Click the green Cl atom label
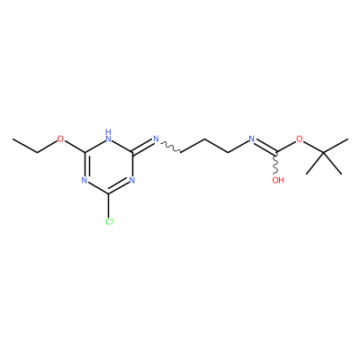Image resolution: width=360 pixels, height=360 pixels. click(x=109, y=221)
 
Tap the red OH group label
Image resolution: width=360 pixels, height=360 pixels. click(x=278, y=180)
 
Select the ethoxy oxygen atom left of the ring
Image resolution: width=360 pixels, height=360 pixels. click(x=60, y=139)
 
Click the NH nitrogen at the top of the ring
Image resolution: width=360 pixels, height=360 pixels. click(x=109, y=139)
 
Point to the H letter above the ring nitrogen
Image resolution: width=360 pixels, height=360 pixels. click(x=109, y=131)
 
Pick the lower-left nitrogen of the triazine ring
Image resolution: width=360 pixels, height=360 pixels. click(x=85, y=181)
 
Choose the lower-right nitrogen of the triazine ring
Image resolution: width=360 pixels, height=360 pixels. click(x=132, y=181)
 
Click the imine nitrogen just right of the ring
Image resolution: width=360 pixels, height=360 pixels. click(x=156, y=139)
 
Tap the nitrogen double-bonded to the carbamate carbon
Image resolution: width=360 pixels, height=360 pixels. click(x=252, y=139)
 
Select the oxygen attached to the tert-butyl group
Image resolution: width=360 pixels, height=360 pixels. click(x=299, y=139)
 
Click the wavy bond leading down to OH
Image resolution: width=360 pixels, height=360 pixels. click(x=275, y=163)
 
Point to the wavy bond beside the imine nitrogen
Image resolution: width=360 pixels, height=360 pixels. click(x=170, y=148)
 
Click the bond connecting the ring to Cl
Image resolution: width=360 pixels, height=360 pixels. click(x=109, y=206)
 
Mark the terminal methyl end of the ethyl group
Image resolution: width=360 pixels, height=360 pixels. click(x=13, y=139)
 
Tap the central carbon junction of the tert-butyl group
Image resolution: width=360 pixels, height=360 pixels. click(x=324, y=153)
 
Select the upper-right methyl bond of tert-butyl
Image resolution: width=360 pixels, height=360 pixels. click(x=336, y=146)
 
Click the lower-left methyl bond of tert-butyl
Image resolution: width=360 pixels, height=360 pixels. click(x=315, y=164)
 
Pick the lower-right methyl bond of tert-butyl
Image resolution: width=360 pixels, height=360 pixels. click(x=333, y=164)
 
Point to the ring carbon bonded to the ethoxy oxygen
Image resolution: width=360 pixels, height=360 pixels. click(x=85, y=153)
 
